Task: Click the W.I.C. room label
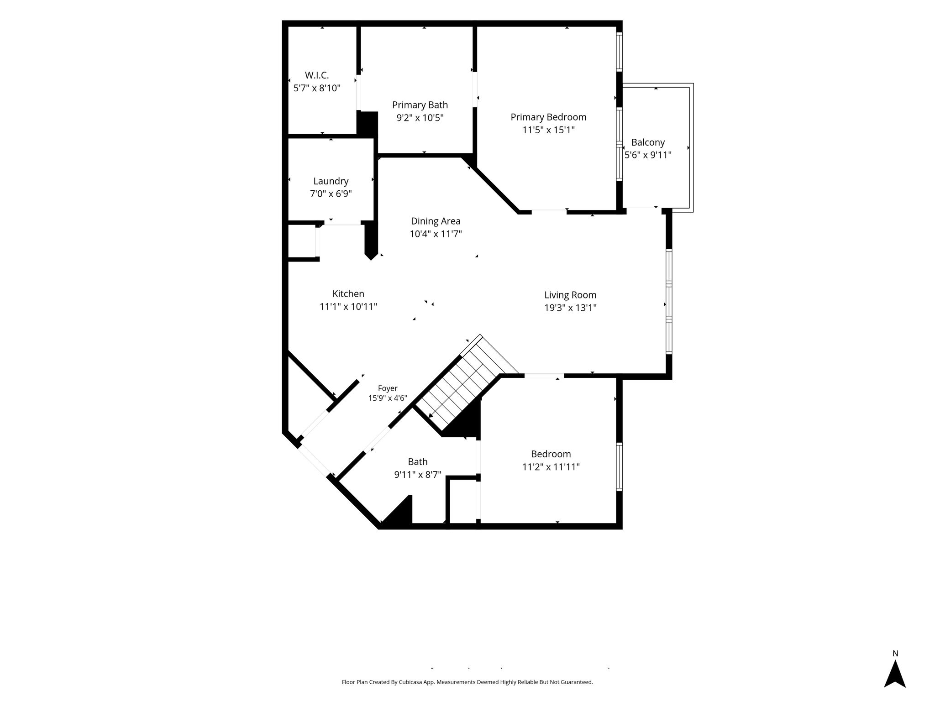point(317,75)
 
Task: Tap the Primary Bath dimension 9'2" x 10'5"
point(420,118)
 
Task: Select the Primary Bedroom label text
point(548,117)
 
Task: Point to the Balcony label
point(648,142)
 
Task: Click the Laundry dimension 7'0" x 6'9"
point(331,194)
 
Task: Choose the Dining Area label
point(436,221)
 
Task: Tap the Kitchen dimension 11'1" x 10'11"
point(348,307)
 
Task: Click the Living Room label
point(570,295)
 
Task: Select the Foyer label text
point(388,388)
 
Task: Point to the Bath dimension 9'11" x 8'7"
point(418,475)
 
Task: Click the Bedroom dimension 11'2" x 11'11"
point(551,467)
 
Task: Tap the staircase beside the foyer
point(466,383)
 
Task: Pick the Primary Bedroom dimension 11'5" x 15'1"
point(548,130)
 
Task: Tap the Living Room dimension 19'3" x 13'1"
point(570,308)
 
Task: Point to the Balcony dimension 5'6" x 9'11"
point(648,155)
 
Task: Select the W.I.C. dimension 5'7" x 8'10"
point(317,88)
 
